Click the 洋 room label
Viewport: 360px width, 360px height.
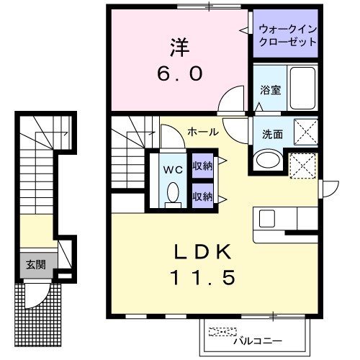(179, 47)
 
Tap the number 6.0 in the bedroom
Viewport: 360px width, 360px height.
(181, 73)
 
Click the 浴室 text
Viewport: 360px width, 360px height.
(270, 91)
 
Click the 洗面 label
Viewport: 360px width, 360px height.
(271, 133)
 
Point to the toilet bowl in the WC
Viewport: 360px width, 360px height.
(172, 192)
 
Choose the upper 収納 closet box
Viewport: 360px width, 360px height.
(202, 166)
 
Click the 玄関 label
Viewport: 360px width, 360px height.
(36, 264)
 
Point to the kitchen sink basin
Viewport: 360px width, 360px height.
(267, 217)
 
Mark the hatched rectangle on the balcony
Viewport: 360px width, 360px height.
(221, 332)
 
